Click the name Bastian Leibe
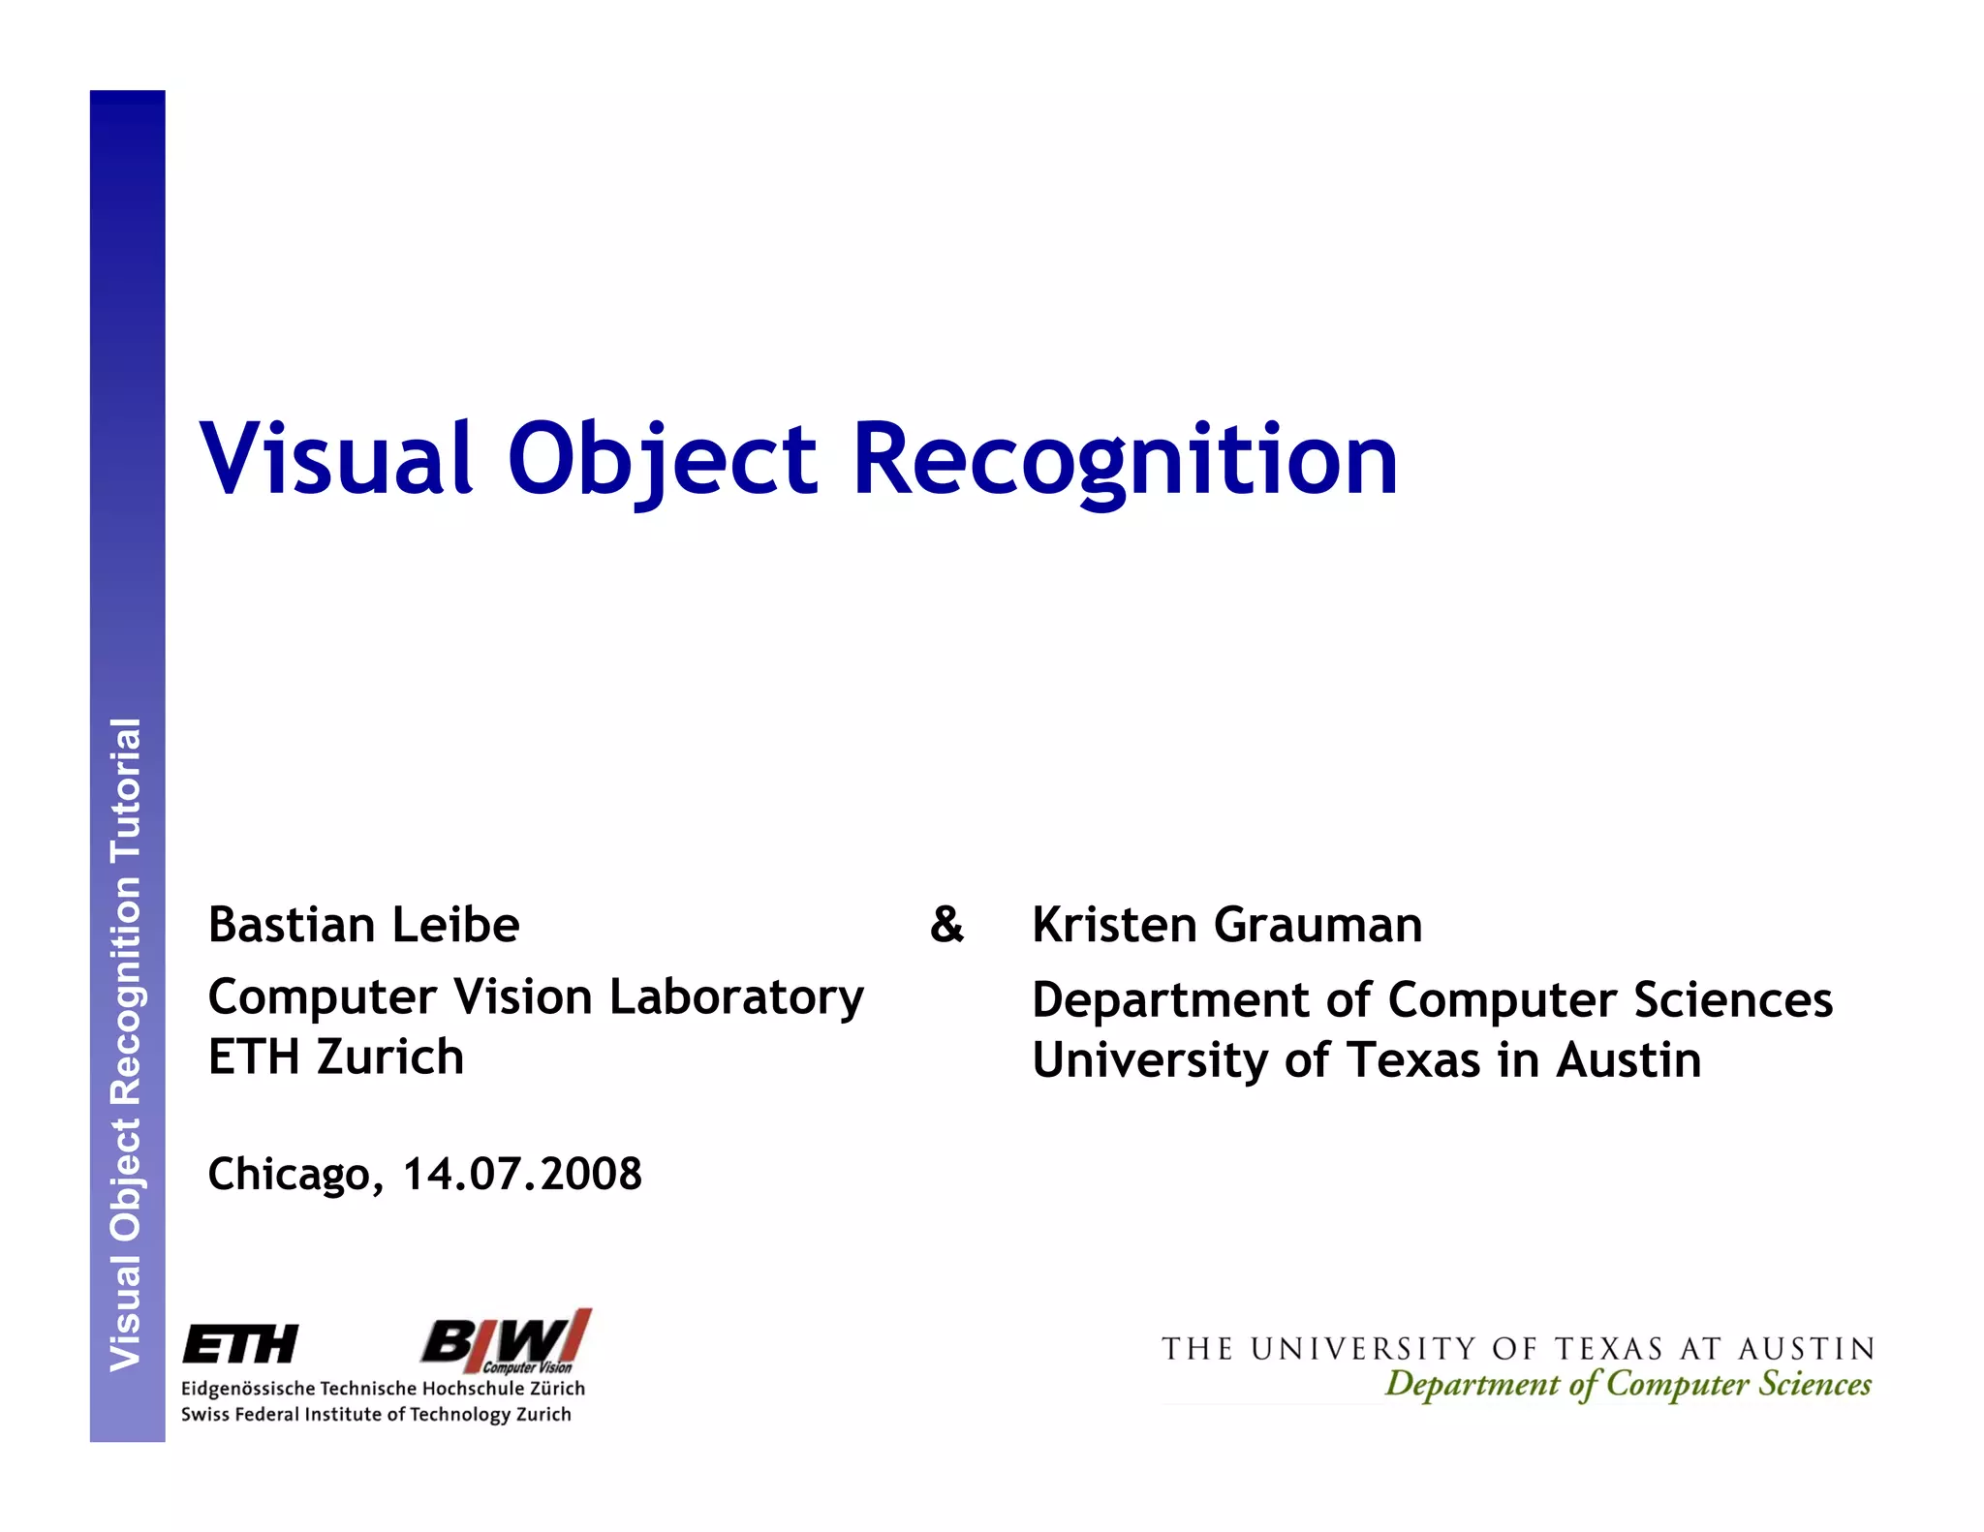363,925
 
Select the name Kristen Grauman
1226,925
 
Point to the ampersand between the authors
946,925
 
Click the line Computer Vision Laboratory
535,997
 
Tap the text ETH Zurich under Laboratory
335,1057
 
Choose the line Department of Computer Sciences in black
1432,1000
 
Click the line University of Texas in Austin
1366,1060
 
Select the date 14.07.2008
522,1174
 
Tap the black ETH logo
240,1345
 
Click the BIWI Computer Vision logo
506,1341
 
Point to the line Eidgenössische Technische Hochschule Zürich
383,1389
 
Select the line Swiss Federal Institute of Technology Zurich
376,1415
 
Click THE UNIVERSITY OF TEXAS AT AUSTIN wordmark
1517,1349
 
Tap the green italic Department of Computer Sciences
1627,1384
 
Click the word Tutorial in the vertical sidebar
126,790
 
